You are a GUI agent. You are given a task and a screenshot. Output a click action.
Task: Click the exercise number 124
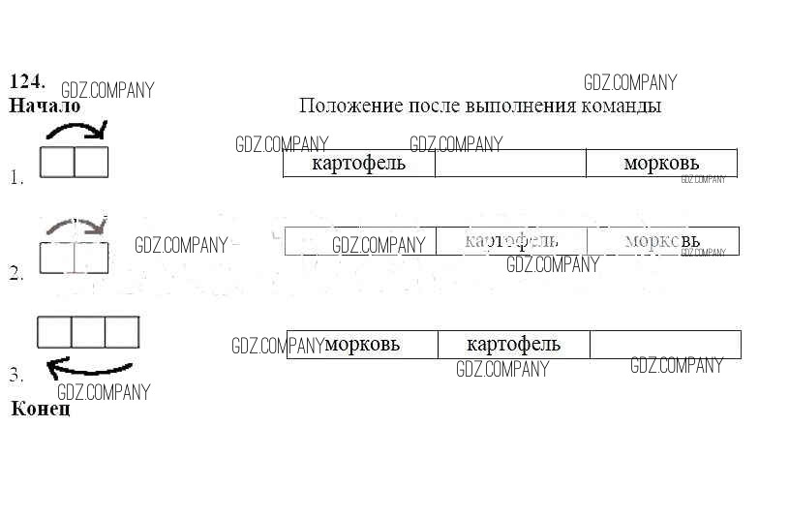tap(27, 81)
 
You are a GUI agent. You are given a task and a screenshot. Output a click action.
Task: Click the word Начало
tap(44, 106)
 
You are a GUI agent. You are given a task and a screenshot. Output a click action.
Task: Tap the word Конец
tap(41, 409)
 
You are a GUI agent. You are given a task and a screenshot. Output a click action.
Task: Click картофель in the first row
tap(358, 164)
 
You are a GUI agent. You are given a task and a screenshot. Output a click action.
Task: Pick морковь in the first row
tap(661, 164)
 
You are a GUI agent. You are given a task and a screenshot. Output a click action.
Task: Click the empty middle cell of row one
tap(510, 164)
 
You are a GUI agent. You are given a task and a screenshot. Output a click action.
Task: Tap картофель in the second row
tap(510, 240)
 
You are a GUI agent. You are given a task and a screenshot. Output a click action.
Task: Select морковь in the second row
tap(662, 240)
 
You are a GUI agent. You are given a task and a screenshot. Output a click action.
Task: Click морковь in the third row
tap(362, 344)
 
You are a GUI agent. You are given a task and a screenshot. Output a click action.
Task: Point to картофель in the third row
tap(513, 344)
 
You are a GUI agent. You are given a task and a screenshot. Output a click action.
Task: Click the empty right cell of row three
tap(665, 344)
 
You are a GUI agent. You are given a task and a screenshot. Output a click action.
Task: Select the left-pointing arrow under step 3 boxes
tap(89, 367)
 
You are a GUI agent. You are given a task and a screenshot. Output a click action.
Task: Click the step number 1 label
tap(16, 178)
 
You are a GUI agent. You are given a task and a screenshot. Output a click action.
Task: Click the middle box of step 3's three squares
tap(88, 332)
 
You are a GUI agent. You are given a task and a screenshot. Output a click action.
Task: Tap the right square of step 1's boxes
tap(91, 163)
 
